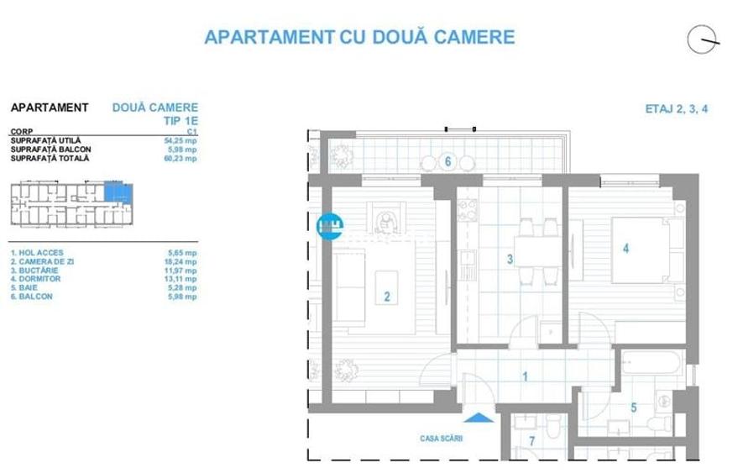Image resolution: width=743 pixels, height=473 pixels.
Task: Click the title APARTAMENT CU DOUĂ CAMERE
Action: click(359, 37)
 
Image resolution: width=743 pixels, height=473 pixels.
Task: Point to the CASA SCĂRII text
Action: click(442, 438)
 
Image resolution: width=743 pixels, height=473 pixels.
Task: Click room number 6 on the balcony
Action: click(448, 161)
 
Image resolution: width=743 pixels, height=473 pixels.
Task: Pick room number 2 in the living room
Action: click(386, 296)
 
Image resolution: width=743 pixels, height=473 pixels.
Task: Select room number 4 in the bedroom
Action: click(625, 249)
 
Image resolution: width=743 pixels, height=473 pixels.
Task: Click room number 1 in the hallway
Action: click(525, 377)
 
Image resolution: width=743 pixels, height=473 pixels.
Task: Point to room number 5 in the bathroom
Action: click(634, 408)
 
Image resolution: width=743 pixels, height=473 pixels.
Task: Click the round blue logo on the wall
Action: click(329, 225)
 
